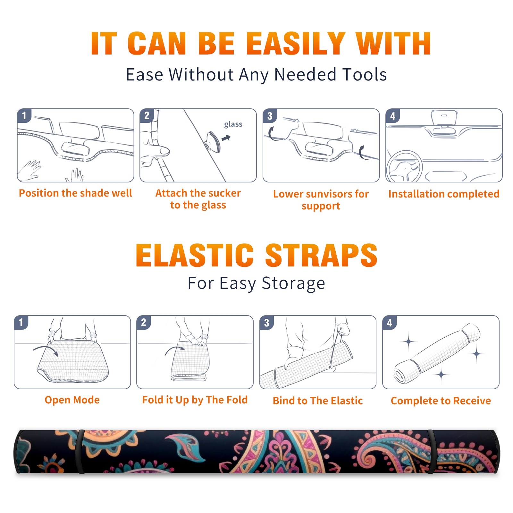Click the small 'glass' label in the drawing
coord(233,124)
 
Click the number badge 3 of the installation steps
coord(270,116)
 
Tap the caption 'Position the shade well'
coord(75,193)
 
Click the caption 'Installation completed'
coord(444,194)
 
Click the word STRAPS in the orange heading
coord(321,255)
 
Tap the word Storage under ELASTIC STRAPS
coord(293,283)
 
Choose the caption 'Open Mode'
coord(72,400)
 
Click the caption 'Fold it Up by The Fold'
coord(195,400)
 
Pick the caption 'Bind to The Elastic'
coord(318,401)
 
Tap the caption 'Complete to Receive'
coord(441,401)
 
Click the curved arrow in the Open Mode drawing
coord(46,348)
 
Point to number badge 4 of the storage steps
coord(389,323)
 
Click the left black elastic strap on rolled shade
coord(80,451)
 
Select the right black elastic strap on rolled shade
coord(431,451)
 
